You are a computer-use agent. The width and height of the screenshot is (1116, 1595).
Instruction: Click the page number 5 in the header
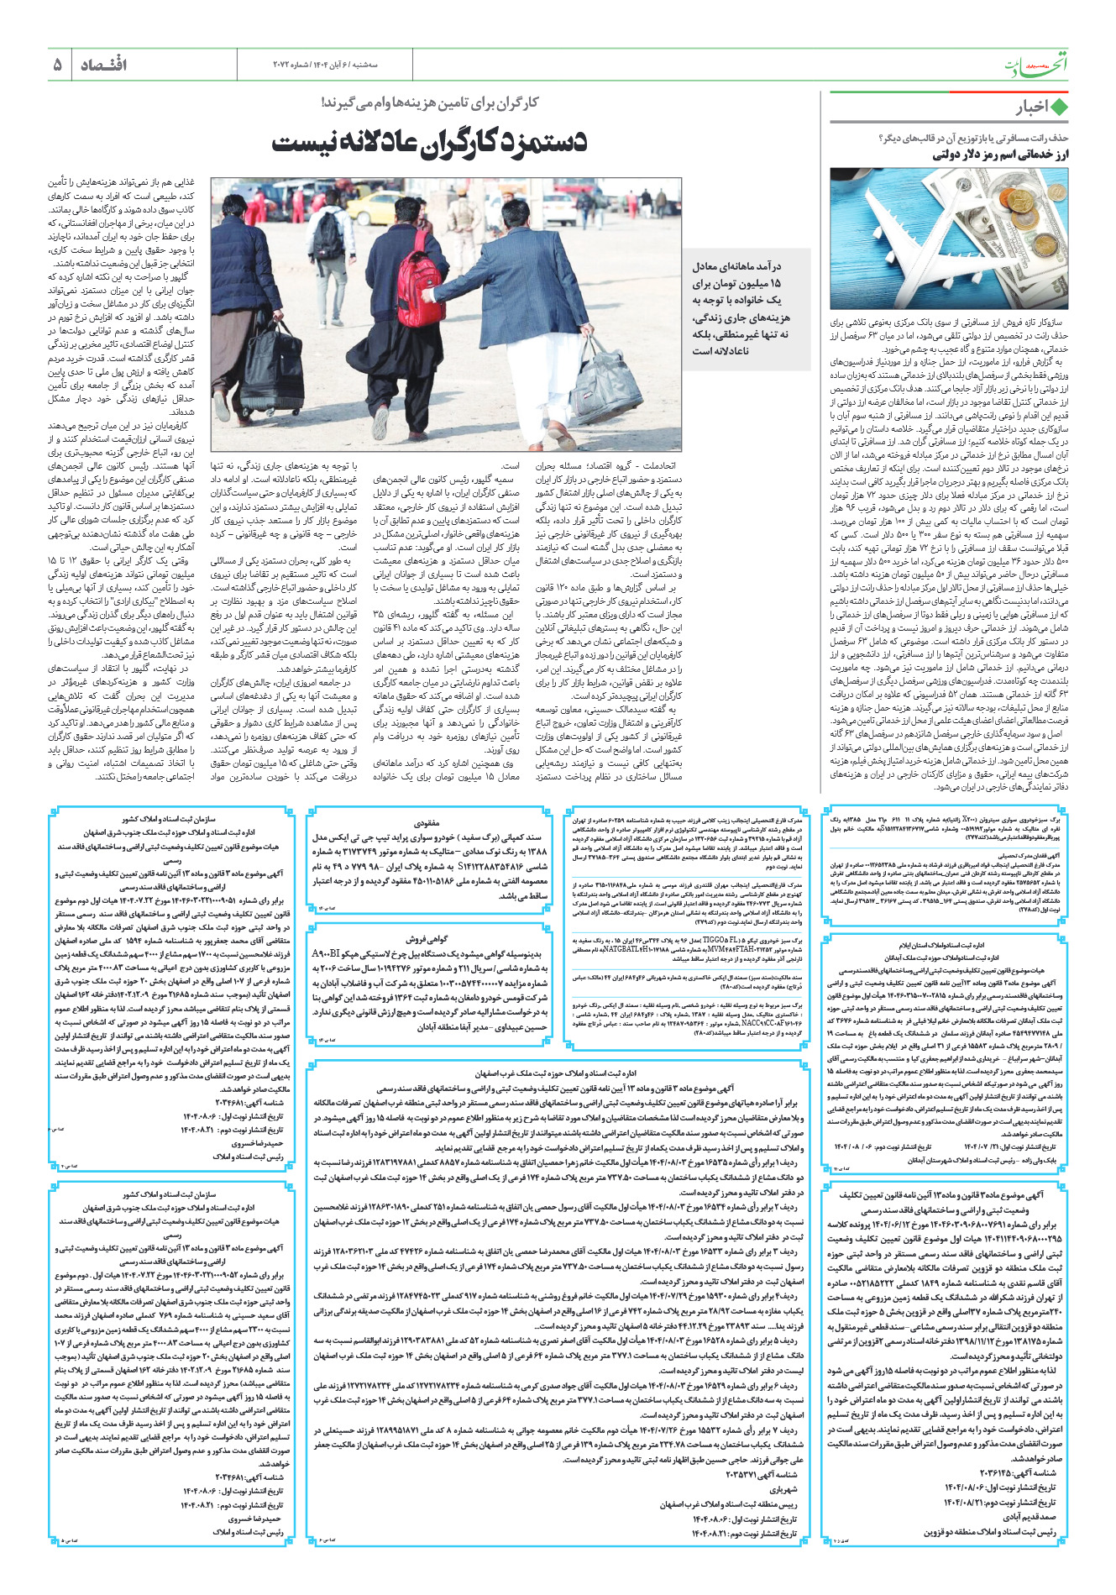click(x=57, y=65)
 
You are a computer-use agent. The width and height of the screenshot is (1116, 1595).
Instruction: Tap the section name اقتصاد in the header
click(x=103, y=65)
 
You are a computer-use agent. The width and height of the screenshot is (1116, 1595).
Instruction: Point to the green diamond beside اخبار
click(x=1059, y=108)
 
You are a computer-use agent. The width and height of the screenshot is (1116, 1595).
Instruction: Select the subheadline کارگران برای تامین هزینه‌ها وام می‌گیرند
click(x=429, y=102)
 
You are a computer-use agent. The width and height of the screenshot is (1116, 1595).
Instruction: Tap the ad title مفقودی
click(x=427, y=823)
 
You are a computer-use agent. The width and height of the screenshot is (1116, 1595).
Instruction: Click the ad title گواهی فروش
click(x=427, y=938)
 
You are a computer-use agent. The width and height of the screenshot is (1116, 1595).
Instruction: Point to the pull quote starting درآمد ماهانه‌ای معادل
click(x=741, y=308)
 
